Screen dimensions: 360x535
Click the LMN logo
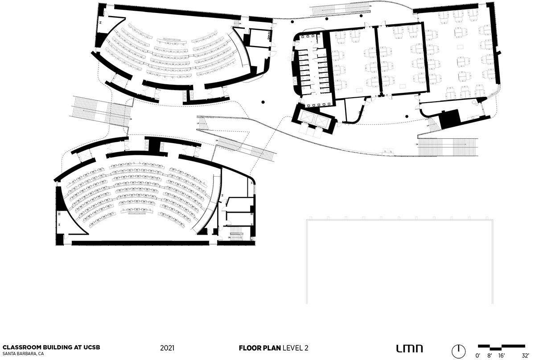pyautogui.click(x=409, y=348)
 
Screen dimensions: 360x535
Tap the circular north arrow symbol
pyautogui.click(x=458, y=349)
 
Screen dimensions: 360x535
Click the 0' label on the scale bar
pyautogui.click(x=478, y=355)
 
